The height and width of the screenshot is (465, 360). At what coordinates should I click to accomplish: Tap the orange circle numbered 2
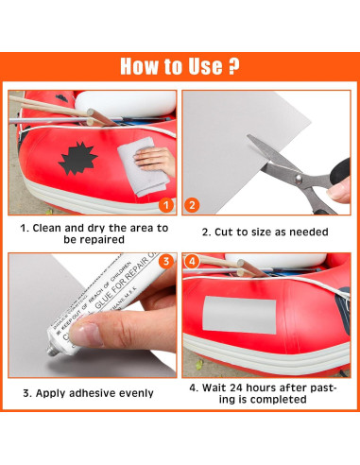(193, 203)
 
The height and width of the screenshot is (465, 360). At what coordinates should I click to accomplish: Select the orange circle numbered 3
(165, 262)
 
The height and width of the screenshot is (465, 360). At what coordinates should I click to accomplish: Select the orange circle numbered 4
(193, 262)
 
